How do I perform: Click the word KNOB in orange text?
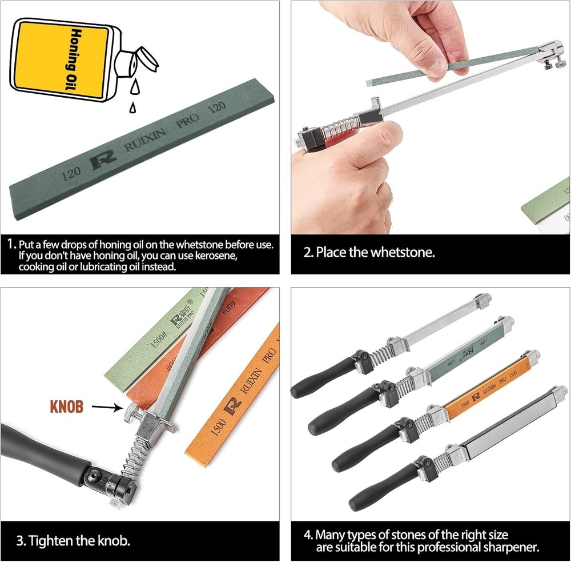pyautogui.click(x=67, y=407)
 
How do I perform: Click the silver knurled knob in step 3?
pyautogui.click(x=129, y=411)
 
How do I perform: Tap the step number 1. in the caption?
pyautogui.click(x=11, y=244)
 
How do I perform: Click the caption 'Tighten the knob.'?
pyautogui.click(x=79, y=540)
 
